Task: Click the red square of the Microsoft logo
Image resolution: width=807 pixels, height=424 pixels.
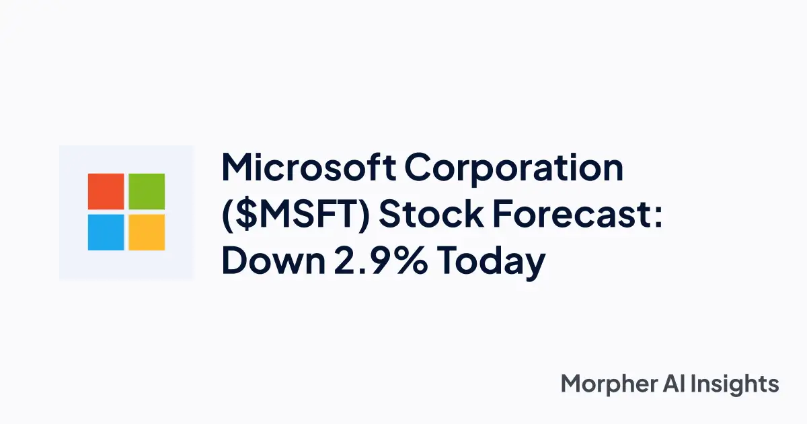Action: coord(106,191)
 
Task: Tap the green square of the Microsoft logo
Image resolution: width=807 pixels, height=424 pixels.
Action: coord(147,191)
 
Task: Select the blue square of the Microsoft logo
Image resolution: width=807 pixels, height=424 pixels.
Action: coord(106,232)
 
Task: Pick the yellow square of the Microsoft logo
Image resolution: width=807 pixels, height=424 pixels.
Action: coord(147,232)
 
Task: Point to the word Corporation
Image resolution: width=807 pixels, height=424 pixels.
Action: coord(514,170)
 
